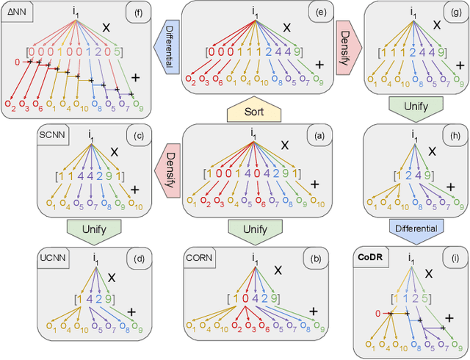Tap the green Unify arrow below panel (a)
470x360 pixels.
click(x=253, y=228)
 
